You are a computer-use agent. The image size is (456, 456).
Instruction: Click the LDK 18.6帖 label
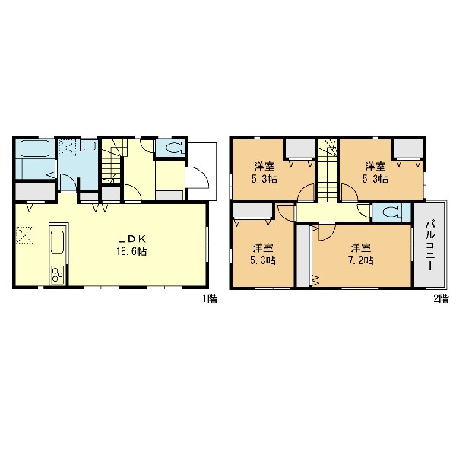(x=131, y=245)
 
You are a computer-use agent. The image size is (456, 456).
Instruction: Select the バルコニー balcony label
(x=429, y=246)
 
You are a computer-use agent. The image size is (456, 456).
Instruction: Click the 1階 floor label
(x=210, y=298)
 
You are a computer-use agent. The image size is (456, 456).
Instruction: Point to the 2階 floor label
(x=441, y=298)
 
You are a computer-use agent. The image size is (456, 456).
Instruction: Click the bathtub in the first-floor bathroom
(x=34, y=148)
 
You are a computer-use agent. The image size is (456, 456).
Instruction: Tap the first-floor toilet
(x=174, y=148)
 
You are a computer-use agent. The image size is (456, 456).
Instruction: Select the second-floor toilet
(x=392, y=212)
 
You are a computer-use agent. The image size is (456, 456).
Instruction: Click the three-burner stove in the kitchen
(x=58, y=275)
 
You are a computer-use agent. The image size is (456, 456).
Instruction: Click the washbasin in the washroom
(x=88, y=145)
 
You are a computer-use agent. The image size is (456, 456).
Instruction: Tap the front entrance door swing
(x=197, y=177)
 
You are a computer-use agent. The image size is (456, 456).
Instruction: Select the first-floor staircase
(x=112, y=161)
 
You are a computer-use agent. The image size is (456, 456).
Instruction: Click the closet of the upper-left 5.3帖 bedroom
(x=299, y=148)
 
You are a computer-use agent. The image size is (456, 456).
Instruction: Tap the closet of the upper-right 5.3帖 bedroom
(x=408, y=148)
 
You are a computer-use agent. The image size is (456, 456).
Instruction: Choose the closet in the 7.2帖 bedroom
(x=303, y=255)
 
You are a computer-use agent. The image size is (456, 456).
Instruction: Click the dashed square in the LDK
(x=24, y=234)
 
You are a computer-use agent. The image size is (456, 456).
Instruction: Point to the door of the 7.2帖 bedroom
(x=327, y=231)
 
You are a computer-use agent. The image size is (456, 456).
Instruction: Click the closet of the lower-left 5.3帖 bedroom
(x=252, y=211)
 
